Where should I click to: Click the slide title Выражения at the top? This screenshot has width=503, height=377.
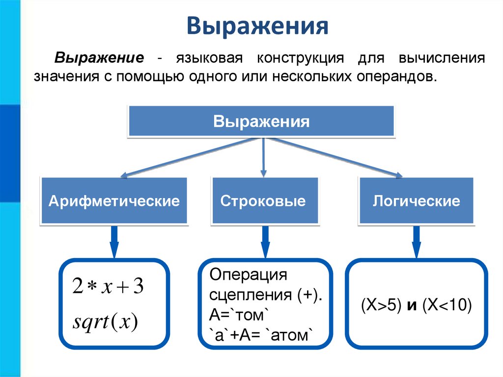point(257,27)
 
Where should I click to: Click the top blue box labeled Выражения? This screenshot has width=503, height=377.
point(261,121)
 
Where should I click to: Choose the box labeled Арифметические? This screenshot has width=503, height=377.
point(113,201)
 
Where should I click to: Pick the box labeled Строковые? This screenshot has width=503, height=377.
point(263,201)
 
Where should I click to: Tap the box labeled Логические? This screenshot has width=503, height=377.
point(416,201)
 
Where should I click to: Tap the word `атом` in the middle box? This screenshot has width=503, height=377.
point(289,336)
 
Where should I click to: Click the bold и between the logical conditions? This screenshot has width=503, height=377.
point(412,306)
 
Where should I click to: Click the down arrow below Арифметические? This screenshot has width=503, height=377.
point(114,242)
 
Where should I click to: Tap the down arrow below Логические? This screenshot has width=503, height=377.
point(416,242)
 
